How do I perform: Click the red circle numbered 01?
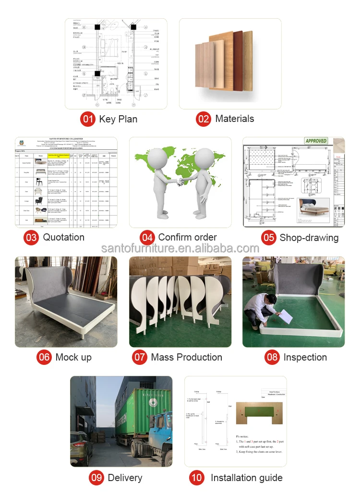pyautogui.click(x=88, y=119)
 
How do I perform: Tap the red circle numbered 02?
pyautogui.click(x=204, y=119)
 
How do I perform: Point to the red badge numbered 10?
pyautogui.click(x=196, y=477)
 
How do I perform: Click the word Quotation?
pyautogui.click(x=63, y=237)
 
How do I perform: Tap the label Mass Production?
pyautogui.click(x=186, y=357)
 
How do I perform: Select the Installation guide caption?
pyautogui.click(x=246, y=477)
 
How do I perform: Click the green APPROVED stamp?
pyautogui.click(x=316, y=141)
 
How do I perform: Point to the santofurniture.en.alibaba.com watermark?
pyautogui.click(x=180, y=248)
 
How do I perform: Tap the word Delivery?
pyautogui.click(x=125, y=477)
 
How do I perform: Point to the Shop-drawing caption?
pyautogui.click(x=309, y=237)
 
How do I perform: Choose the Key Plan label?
pyautogui.click(x=118, y=119)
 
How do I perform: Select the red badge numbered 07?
pyautogui.click(x=140, y=357)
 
